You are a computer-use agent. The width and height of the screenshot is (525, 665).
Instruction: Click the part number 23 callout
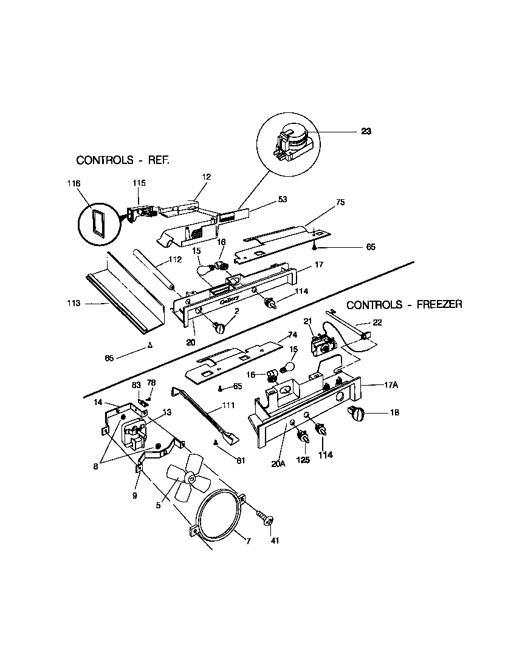coord(366,131)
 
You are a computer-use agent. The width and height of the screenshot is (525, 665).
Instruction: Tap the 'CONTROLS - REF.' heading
coord(122,160)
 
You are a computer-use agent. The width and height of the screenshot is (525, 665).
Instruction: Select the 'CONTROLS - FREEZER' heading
coord(404,304)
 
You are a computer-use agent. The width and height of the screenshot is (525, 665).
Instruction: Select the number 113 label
coord(73,302)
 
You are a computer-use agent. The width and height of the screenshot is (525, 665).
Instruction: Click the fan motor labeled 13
coord(134,434)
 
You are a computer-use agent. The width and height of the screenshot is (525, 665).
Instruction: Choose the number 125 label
coord(302,460)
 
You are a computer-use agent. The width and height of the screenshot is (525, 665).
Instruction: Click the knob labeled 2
coord(219,327)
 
